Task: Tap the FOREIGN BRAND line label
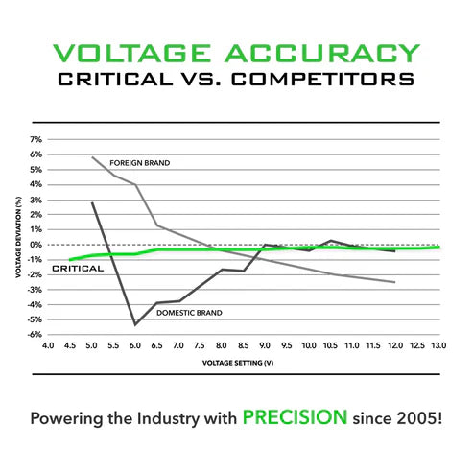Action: pyautogui.click(x=140, y=163)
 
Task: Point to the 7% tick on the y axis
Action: pyautogui.click(x=36, y=139)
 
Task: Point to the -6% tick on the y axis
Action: pyautogui.click(x=35, y=335)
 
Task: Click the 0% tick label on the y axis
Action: pyautogui.click(x=36, y=245)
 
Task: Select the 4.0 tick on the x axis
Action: pyautogui.click(x=48, y=343)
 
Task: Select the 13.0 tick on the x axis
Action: pyautogui.click(x=438, y=343)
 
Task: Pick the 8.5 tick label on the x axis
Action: pyautogui.click(x=243, y=343)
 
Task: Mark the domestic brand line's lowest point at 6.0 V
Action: pyautogui.click(x=135, y=324)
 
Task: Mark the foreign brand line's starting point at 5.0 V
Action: pyautogui.click(x=92, y=157)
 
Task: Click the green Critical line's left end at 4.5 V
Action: pyautogui.click(x=70, y=259)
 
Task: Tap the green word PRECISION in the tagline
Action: pyautogui.click(x=295, y=418)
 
